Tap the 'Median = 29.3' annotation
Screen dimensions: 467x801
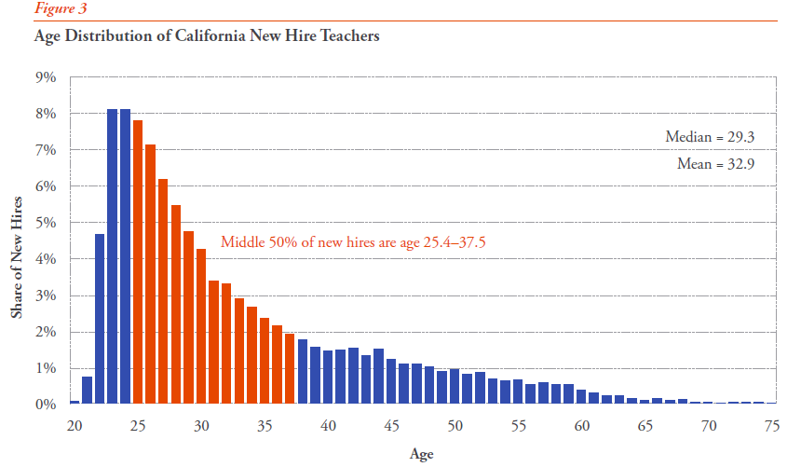click(x=709, y=137)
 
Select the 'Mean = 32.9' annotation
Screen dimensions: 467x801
click(x=714, y=164)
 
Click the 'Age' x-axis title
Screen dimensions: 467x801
click(x=421, y=454)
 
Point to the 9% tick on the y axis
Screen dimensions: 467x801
click(x=46, y=77)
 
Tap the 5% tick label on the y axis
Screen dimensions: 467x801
click(x=46, y=223)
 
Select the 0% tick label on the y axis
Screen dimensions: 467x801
click(x=46, y=405)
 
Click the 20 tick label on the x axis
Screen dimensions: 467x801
click(x=75, y=426)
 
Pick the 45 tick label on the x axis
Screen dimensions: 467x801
click(x=391, y=426)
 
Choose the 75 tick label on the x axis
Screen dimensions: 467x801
click(x=770, y=426)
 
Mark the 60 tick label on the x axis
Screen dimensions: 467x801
click(x=580, y=426)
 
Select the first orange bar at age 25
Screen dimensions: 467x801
click(x=138, y=262)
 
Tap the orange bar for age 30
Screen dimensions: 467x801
click(x=201, y=326)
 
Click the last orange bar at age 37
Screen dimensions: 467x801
click(x=290, y=368)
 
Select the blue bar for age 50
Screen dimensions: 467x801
click(x=455, y=386)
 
